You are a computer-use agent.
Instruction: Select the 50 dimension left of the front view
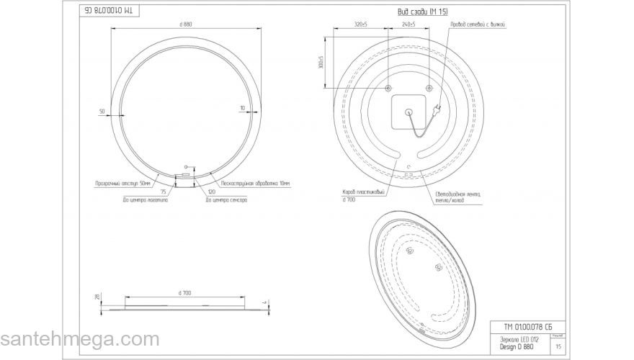coord(102,111)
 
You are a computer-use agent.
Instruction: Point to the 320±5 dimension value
coord(361,24)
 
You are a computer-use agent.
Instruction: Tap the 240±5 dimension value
coord(408,24)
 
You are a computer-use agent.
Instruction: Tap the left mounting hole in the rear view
coord(388,88)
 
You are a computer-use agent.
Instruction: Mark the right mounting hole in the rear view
coord(429,88)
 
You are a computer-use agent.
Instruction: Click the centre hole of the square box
coord(408,112)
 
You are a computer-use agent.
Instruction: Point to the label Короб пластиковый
coord(365,192)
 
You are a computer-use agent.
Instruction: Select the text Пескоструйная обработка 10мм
coord(255,184)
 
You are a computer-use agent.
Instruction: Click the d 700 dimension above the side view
coord(184,292)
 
